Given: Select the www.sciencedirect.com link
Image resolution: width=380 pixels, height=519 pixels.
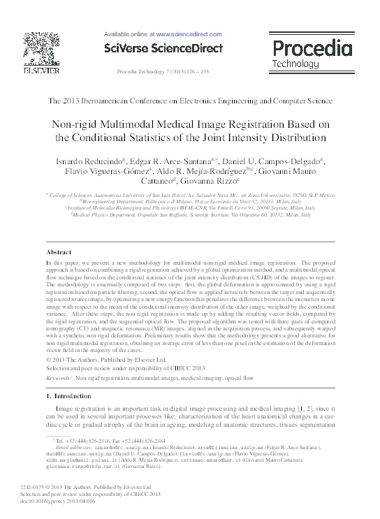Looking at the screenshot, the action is click(x=184, y=33).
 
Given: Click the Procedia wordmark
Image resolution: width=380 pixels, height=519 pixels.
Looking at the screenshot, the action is click(x=312, y=49).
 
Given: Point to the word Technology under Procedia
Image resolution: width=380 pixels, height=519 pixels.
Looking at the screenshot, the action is click(x=295, y=64).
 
